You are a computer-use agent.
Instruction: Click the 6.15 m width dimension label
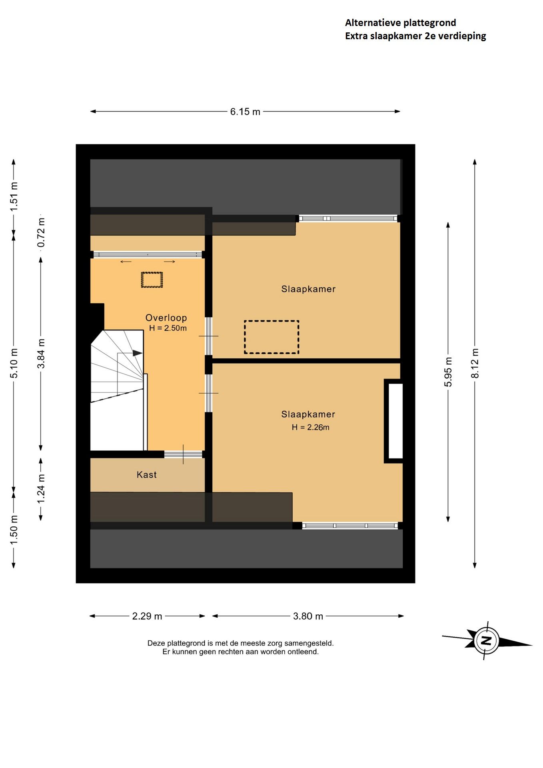pos(245,112)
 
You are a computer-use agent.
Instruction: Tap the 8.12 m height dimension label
pos(475,363)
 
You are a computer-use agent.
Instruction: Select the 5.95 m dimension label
pos(448,372)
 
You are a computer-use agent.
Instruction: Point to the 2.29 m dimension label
pos(147,616)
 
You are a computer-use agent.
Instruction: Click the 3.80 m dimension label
pos(308,616)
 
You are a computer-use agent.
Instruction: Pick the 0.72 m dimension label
pos(41,233)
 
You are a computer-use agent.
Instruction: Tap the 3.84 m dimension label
pos(41,354)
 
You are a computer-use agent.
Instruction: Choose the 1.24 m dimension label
pos(41,489)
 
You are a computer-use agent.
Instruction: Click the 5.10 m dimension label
pos(14,363)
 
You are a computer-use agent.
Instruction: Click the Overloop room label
pos(166,318)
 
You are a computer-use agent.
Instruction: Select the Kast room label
pos(146,475)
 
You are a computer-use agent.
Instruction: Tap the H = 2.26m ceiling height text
pos(310,427)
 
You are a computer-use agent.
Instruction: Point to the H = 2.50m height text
pos(168,328)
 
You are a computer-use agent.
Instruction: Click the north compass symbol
pos(487,640)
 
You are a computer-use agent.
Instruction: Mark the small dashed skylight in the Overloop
pos(152,280)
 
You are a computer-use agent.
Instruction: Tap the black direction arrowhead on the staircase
pos(138,353)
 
